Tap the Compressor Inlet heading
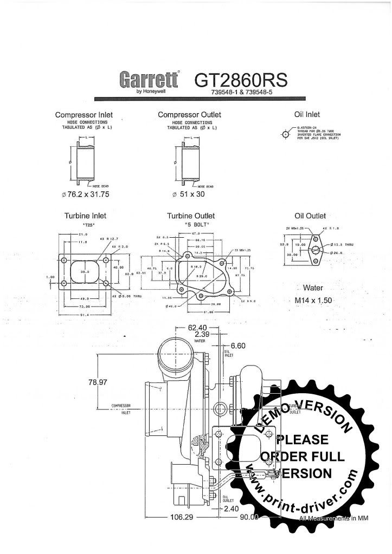(x=84, y=115)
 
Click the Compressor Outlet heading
(x=189, y=115)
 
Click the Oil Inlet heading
(x=307, y=114)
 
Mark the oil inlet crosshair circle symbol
(x=286, y=134)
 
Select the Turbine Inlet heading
(x=85, y=216)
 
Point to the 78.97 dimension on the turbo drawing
(x=98, y=382)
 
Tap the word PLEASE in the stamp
(x=302, y=439)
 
